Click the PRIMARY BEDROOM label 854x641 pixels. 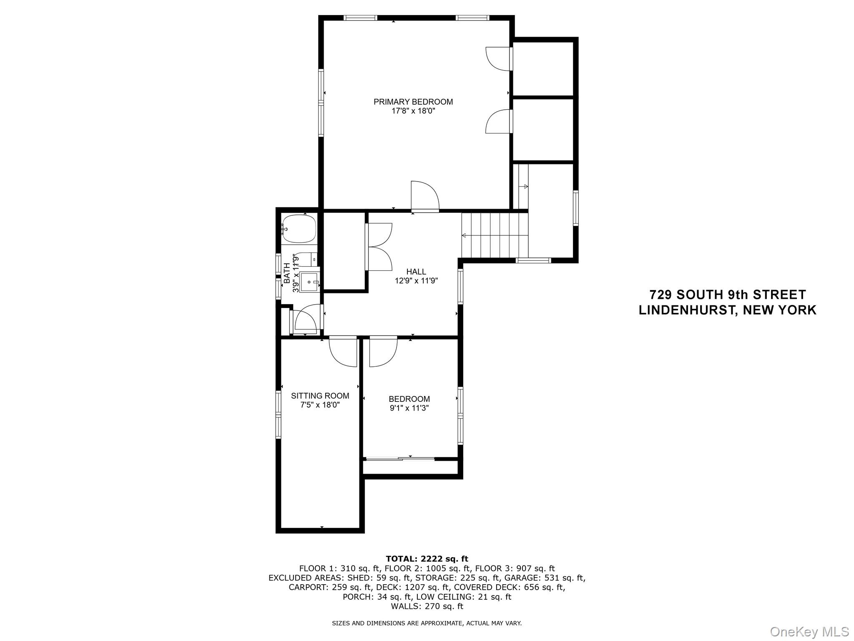coord(413,102)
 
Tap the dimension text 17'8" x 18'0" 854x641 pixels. coord(413,111)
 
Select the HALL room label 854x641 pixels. coord(416,272)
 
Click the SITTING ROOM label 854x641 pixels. coord(320,396)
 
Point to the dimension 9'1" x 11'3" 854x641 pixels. coord(409,408)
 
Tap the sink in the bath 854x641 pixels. coord(309,282)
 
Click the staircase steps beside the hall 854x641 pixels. coord(495,236)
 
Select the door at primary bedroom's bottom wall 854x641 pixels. coord(424,196)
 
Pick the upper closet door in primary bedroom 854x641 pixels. coord(498,58)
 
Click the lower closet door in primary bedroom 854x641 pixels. coord(498,121)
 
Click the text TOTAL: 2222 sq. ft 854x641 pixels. coord(427,559)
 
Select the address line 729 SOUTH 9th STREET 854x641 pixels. coord(727,295)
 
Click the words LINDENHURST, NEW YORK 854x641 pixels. coord(727,310)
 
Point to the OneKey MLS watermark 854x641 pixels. coord(809,631)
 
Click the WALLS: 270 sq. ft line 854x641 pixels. coord(427,606)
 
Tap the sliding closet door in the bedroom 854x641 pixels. coord(399,459)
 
